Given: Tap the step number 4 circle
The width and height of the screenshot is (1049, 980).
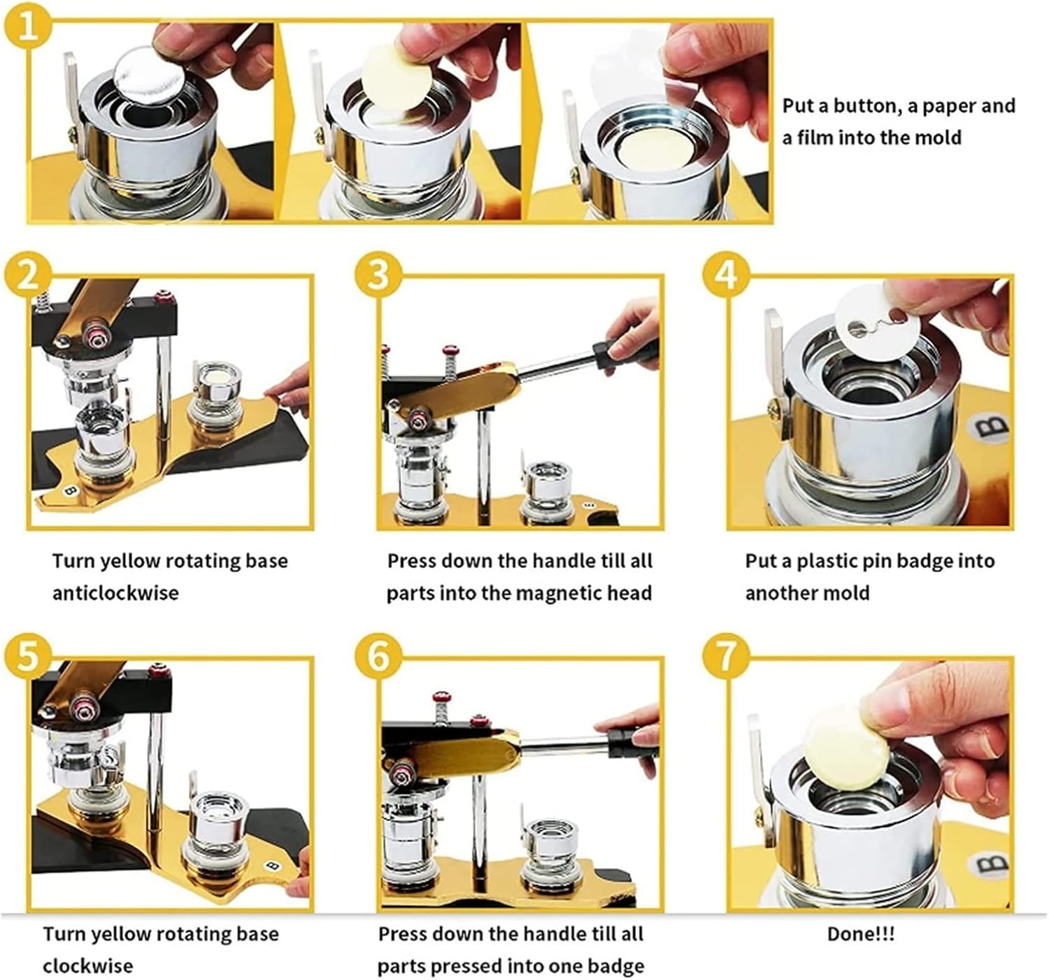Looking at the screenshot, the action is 727,275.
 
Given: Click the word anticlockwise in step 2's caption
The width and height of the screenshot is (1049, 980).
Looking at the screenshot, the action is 115,592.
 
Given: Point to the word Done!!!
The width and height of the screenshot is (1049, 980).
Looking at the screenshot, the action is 860,934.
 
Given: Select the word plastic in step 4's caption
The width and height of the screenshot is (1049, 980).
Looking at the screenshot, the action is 826,562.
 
